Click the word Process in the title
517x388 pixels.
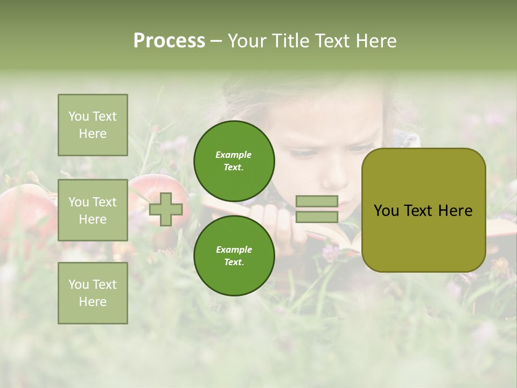169,41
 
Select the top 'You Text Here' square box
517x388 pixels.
93,125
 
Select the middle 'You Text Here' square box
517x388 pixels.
93,210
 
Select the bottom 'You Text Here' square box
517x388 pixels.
93,293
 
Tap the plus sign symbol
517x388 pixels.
166,209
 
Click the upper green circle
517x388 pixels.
234,161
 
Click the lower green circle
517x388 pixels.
234,255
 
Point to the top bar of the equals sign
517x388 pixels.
317,202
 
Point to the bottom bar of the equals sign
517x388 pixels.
317,217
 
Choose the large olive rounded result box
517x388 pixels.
423,210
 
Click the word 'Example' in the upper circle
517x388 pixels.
234,155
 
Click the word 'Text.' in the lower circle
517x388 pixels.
234,262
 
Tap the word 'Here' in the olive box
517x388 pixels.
456,211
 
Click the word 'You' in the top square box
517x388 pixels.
78,116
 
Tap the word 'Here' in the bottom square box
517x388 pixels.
93,302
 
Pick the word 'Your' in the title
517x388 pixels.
247,41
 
